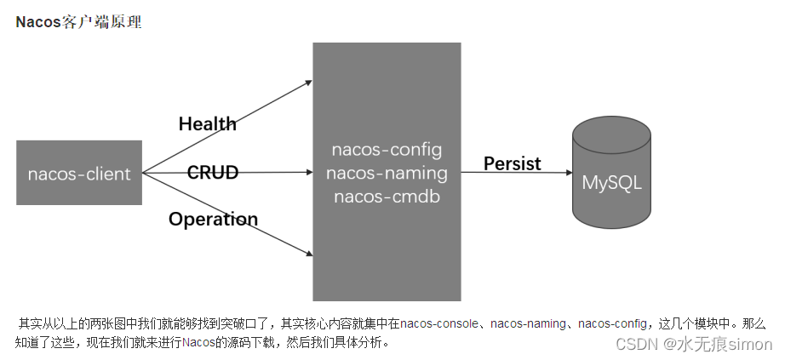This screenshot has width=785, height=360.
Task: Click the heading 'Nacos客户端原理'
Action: (78, 22)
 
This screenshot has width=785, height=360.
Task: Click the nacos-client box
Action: (79, 174)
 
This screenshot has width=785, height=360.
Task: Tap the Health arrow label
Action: (207, 124)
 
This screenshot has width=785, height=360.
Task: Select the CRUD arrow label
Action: (212, 173)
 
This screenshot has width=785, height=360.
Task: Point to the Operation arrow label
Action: (213, 220)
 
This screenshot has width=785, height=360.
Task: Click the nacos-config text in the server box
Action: (387, 151)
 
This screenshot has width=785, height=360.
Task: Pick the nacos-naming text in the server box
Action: (387, 174)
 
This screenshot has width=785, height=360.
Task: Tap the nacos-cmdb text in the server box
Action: (387, 197)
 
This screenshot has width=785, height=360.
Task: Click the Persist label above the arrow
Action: (512, 163)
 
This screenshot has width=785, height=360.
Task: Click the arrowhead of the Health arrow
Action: (308, 83)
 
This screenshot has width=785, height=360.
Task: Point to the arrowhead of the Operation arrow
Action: (307, 254)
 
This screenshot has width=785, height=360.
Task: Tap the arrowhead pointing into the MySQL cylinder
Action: (568, 173)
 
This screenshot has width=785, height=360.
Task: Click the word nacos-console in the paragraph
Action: (442, 324)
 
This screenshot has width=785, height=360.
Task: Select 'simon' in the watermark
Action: (750, 344)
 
